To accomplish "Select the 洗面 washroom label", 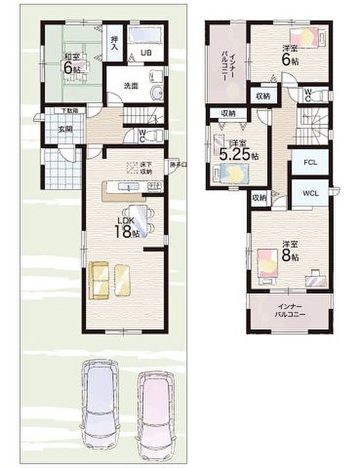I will click(x=130, y=85).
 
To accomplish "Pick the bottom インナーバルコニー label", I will click(x=291, y=311).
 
